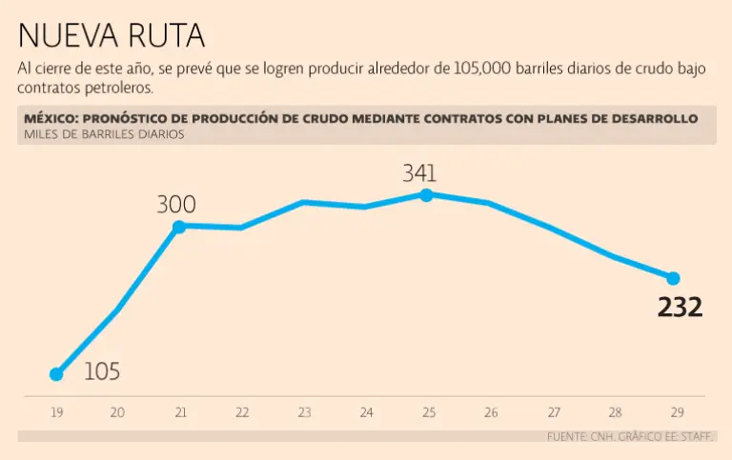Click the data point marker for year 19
tap(56, 374)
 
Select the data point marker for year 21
tap(178, 226)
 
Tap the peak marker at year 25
tap(426, 194)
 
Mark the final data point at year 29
tap(673, 278)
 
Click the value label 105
tap(102, 371)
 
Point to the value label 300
tap(176, 204)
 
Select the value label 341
tap(419, 173)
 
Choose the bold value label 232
tap(681, 308)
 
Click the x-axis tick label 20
tap(117, 412)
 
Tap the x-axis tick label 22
tap(242, 412)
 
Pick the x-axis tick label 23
tap(304, 412)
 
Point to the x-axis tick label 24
tap(366, 412)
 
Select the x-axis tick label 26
tap(491, 412)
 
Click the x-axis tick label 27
tap(554, 412)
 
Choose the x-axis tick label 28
tap(616, 412)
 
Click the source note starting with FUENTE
tap(630, 436)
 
